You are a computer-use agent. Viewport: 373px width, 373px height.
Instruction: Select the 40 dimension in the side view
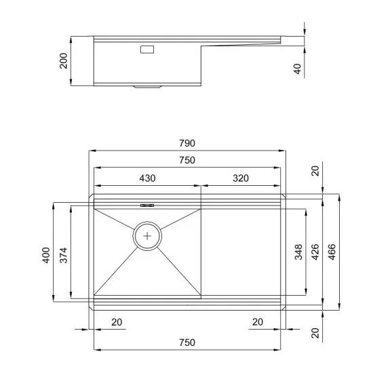click(x=296, y=69)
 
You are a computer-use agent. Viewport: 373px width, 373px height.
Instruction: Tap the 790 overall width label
click(x=187, y=143)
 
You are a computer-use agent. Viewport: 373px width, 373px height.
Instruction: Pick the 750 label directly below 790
click(x=187, y=160)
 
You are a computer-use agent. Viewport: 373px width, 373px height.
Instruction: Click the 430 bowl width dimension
click(x=147, y=178)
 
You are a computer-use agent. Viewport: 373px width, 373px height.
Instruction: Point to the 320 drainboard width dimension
click(x=240, y=178)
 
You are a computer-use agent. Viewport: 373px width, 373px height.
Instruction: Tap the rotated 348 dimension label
click(x=298, y=253)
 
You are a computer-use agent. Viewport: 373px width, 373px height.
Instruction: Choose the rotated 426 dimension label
click(x=315, y=253)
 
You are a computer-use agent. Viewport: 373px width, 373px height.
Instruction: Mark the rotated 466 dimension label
click(x=332, y=253)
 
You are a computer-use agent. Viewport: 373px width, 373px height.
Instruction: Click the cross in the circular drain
click(x=148, y=236)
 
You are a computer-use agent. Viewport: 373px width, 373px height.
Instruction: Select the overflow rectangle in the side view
click(x=147, y=50)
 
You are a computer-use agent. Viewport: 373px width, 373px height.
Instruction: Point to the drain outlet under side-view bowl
click(x=147, y=87)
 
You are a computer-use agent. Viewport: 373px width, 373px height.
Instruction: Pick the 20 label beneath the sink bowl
click(x=117, y=321)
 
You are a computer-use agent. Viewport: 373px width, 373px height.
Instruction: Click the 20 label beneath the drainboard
click(x=257, y=321)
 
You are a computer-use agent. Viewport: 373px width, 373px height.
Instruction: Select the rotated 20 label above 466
click(x=315, y=170)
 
